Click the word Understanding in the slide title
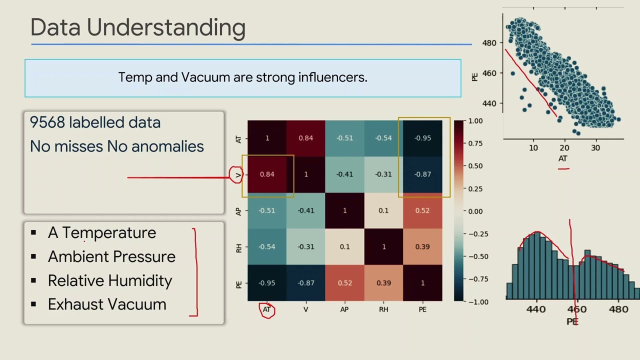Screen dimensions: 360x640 coord(166,28)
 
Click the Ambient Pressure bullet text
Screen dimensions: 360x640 coord(111,256)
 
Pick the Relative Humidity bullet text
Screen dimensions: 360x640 coord(110,280)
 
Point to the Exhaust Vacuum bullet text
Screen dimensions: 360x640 coord(107,304)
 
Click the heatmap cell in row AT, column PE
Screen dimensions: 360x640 coord(422,138)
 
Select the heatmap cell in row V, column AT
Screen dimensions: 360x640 coord(267,174)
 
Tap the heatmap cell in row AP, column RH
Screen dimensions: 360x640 coord(383,210)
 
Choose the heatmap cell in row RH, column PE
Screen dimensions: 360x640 coord(422,246)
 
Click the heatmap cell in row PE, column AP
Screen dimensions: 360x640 coord(344,283)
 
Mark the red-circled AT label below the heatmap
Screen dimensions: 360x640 coord(267,310)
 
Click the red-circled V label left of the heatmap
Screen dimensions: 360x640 coord(237,174)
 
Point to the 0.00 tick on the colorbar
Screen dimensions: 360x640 coord(475,211)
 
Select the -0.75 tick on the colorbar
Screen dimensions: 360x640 coord(475,279)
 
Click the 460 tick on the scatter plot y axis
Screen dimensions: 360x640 coord(489,73)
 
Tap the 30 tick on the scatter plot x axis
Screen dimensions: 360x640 coord(595,148)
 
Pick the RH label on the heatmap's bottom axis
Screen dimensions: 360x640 coord(383,309)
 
